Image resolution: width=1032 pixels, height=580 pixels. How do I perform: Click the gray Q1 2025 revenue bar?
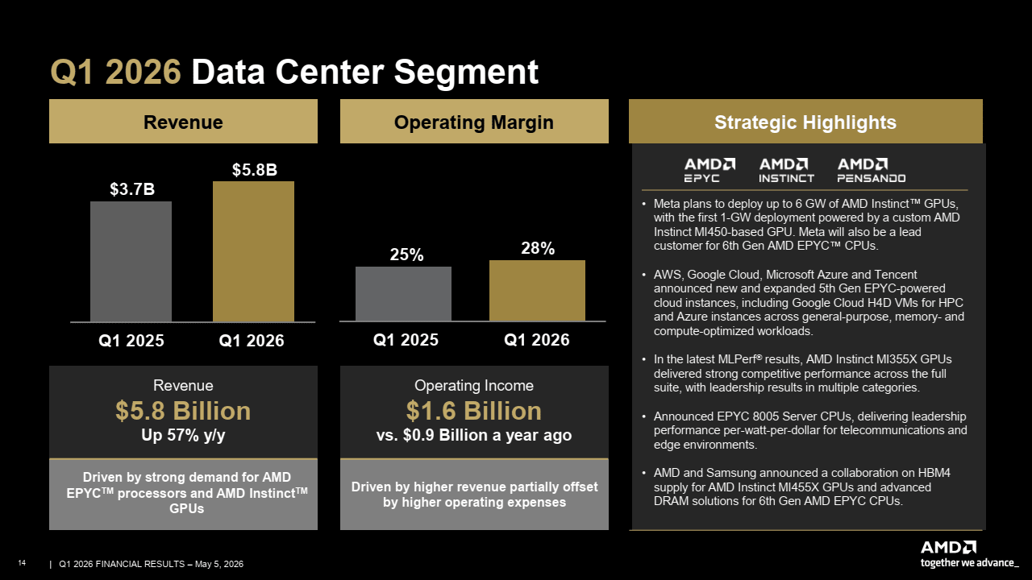[x=131, y=262]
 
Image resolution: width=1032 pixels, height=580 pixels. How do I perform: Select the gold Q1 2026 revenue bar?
[x=253, y=251]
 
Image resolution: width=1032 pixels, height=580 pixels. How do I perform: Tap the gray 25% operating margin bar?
[x=403, y=294]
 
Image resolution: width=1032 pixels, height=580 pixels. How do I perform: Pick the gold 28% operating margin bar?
[x=537, y=291]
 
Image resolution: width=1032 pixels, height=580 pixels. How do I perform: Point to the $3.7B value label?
[x=132, y=189]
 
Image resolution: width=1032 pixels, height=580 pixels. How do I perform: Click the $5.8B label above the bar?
[x=254, y=170]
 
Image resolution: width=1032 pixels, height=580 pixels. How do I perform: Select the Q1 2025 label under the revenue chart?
[x=131, y=341]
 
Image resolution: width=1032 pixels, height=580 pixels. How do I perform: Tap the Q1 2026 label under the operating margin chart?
[x=537, y=340]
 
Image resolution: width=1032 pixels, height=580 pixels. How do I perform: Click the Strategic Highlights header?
[x=805, y=122]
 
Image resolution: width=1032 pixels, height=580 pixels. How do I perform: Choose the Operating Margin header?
[x=474, y=122]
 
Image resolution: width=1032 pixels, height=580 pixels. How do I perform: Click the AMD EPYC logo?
[x=709, y=170]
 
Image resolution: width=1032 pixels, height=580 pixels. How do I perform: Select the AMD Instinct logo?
[x=786, y=170]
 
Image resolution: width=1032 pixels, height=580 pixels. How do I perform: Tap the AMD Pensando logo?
[x=872, y=170]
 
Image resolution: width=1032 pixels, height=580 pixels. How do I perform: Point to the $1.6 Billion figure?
[x=473, y=411]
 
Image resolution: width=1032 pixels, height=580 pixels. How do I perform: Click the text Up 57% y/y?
[x=183, y=436]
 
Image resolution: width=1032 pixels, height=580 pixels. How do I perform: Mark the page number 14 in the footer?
[x=22, y=563]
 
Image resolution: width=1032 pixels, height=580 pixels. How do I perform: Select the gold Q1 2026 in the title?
[x=115, y=72]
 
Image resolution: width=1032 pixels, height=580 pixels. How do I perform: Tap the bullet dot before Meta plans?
[x=643, y=204]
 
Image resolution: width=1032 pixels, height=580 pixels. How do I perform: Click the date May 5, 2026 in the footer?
[x=219, y=564]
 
